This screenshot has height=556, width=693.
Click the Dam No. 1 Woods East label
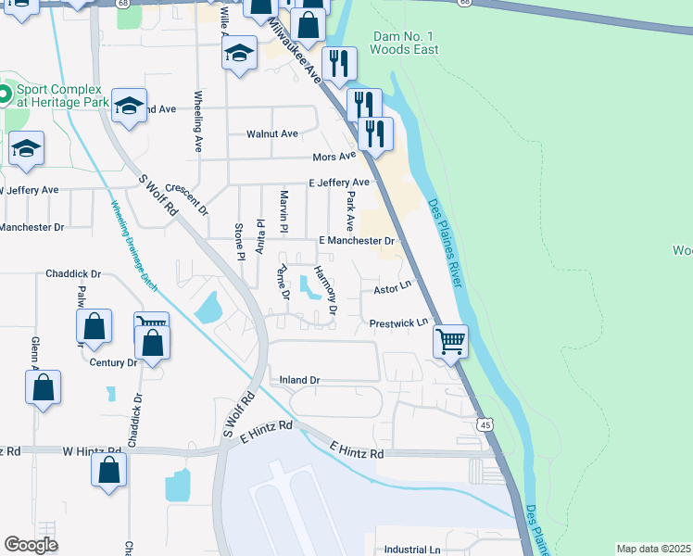tap(403, 43)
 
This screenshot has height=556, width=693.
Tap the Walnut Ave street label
tap(271, 133)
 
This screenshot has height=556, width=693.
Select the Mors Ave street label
tap(334, 158)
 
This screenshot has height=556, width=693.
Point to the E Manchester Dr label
tap(357, 240)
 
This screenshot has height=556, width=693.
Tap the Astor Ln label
tap(391, 289)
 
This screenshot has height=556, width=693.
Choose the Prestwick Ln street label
tap(398, 323)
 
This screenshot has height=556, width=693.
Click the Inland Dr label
tap(299, 380)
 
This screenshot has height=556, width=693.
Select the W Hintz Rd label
tap(93, 450)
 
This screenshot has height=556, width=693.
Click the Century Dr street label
tap(113, 362)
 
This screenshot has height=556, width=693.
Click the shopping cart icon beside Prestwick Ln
tap(450, 340)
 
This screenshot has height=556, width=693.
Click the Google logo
tap(31, 545)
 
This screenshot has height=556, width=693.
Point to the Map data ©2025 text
tap(653, 549)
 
